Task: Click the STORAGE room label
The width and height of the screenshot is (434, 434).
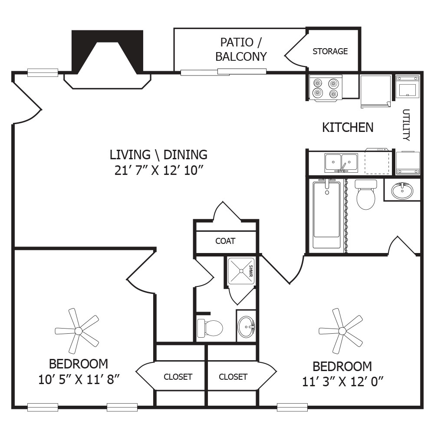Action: (330, 51)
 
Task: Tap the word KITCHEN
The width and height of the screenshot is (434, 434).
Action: (348, 127)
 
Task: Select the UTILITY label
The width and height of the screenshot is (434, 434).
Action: (406, 125)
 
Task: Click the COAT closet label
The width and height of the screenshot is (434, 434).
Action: (225, 241)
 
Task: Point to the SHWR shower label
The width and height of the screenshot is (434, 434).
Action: (251, 271)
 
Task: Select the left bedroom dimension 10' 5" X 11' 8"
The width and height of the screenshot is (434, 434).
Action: (79, 379)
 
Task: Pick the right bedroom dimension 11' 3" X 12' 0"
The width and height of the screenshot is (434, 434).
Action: (343, 382)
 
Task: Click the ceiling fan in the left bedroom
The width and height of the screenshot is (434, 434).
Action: (77, 331)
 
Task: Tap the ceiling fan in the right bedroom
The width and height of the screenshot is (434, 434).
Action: (341, 331)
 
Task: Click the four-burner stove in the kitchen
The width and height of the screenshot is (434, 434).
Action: (326, 88)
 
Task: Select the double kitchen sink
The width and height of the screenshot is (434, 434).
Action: (341, 163)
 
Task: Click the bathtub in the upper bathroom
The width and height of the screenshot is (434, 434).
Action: (327, 214)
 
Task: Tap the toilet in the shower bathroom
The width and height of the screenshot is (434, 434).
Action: (210, 328)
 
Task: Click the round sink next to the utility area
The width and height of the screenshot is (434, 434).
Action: (402, 191)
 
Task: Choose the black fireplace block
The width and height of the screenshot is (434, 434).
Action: (107, 52)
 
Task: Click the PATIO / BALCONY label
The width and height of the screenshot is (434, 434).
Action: (241, 49)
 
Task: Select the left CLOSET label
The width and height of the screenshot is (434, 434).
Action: (178, 377)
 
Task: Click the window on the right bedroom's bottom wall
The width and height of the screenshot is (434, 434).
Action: (292, 407)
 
